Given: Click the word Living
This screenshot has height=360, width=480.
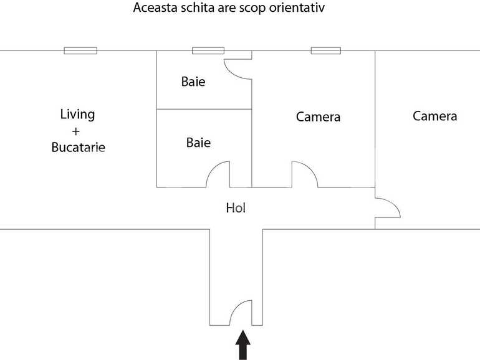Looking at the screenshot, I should coord(77,115).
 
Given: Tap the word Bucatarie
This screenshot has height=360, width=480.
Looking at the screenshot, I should coord(78,148).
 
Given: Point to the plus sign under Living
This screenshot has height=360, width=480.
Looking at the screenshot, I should coord(77,131).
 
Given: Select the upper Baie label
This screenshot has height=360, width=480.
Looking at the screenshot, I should coord(193,82).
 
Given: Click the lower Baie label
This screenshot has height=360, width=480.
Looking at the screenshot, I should coord(198,143).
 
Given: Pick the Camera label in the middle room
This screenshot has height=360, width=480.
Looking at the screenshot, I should coord(318,116).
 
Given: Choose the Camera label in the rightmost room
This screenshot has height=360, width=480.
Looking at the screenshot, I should coord(434,116).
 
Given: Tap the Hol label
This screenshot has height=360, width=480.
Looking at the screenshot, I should coord(236,208).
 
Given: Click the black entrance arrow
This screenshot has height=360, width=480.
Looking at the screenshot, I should coord(242,345).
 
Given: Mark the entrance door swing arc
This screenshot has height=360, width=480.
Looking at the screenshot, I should coord(240,311).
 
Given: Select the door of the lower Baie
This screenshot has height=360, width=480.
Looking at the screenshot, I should coord(218,174).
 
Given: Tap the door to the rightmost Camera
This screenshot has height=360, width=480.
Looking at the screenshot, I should coord(387,207).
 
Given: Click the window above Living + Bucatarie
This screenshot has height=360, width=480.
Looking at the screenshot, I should coord(80,50).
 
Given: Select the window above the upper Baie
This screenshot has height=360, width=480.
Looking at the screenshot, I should coord(208,50).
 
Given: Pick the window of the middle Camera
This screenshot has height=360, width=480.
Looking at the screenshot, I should coord(326,50).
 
